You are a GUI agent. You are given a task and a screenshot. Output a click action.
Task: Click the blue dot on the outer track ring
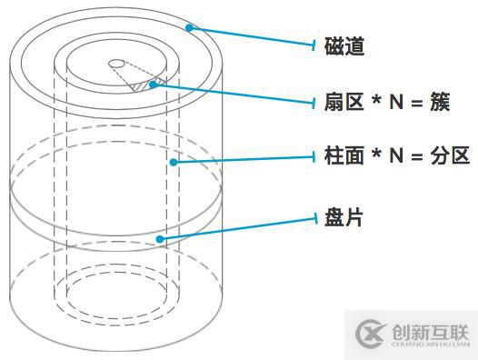(190, 27)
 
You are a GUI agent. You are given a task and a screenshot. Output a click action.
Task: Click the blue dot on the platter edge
(161, 239)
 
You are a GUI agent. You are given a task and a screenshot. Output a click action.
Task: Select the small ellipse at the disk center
(117, 63)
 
